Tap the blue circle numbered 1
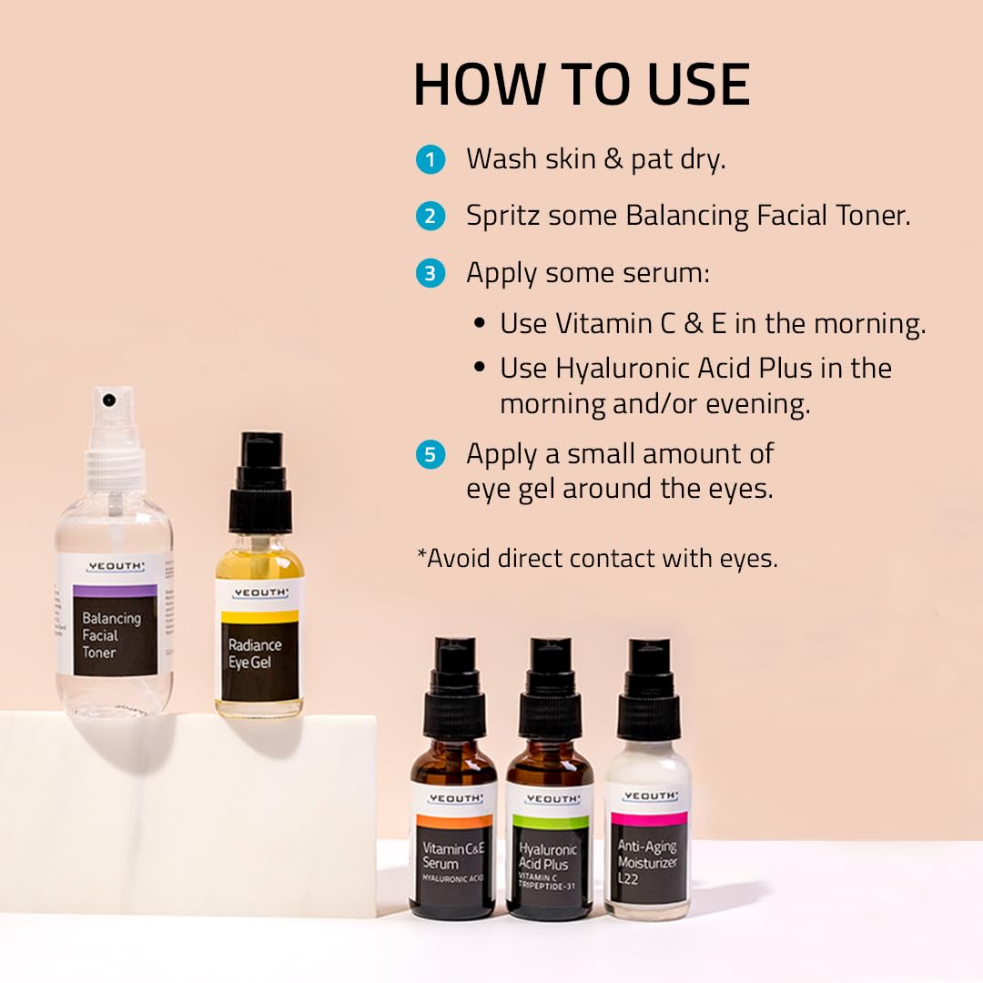pyautogui.click(x=430, y=160)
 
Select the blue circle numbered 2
pyautogui.click(x=430, y=217)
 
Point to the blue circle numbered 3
pyautogui.click(x=430, y=273)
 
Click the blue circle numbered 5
pyautogui.click(x=430, y=454)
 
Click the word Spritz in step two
pyautogui.click(x=503, y=217)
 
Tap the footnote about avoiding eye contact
pyautogui.click(x=597, y=558)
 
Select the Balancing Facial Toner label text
pyautogui.click(x=111, y=634)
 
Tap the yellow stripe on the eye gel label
pyautogui.click(x=258, y=617)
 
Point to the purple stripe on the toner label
pyautogui.click(x=115, y=591)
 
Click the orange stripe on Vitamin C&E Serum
pyautogui.click(x=454, y=821)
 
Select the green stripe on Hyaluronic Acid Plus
pyautogui.click(x=549, y=822)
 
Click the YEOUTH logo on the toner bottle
pyautogui.click(x=115, y=567)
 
